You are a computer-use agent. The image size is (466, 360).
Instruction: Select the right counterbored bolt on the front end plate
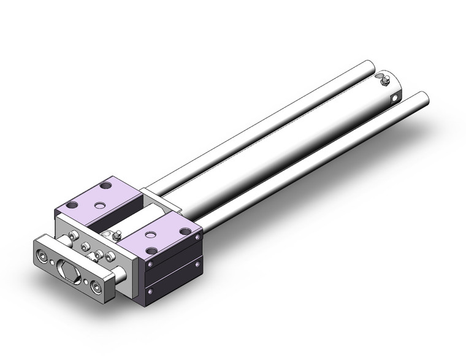tap(96, 285)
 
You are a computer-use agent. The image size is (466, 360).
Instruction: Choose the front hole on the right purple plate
tap(151, 250)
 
